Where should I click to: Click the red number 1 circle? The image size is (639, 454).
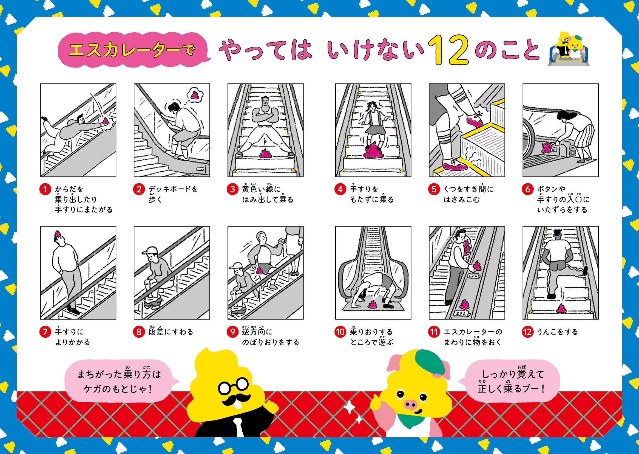pyautogui.click(x=45, y=189)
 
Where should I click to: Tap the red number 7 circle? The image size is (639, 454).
pyautogui.click(x=45, y=332)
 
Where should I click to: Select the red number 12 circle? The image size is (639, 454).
pyautogui.click(x=527, y=332)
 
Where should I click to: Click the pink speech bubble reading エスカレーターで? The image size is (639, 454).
pyautogui.click(x=134, y=50)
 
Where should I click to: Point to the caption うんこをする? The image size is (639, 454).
pyautogui.click(x=557, y=332)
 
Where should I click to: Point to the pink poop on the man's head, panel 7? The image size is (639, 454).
pyautogui.click(x=58, y=234)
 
